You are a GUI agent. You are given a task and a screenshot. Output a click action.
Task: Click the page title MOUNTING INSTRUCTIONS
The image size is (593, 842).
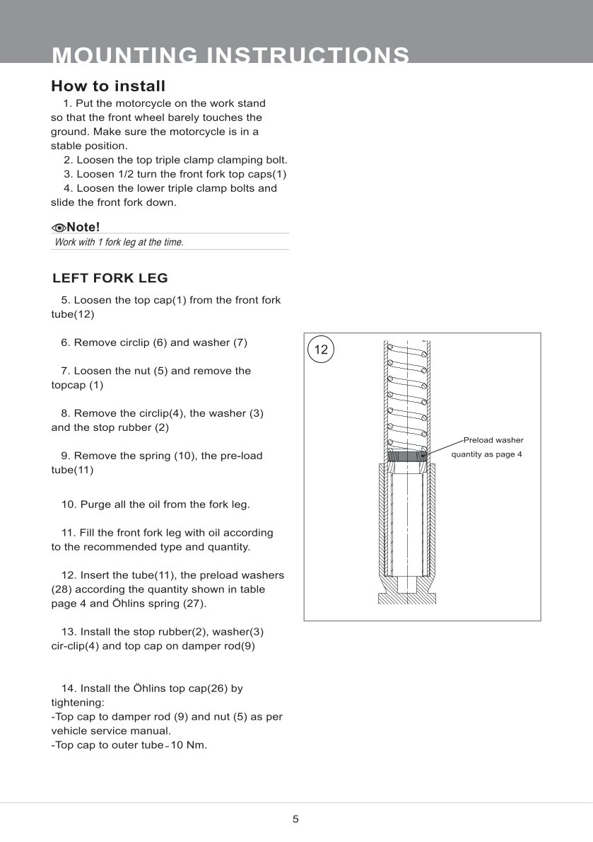230,55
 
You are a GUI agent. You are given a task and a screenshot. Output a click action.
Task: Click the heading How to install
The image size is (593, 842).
108,86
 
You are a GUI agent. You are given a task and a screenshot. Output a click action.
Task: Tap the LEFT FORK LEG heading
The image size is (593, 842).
110,278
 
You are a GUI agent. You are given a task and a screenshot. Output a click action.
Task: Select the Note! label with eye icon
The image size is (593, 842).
76,227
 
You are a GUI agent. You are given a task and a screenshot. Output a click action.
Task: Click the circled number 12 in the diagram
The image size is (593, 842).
321,350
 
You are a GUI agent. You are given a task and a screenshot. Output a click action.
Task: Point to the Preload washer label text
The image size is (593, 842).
493,440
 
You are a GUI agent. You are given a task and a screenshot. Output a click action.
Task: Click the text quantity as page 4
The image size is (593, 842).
486,454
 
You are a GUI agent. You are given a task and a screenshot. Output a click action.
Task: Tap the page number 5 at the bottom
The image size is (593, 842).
295,819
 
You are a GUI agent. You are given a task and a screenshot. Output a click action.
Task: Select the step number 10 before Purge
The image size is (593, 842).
69,504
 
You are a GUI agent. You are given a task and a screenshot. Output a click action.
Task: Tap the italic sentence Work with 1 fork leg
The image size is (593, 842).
119,242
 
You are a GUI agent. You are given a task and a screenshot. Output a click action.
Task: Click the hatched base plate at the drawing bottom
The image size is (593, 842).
406,599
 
